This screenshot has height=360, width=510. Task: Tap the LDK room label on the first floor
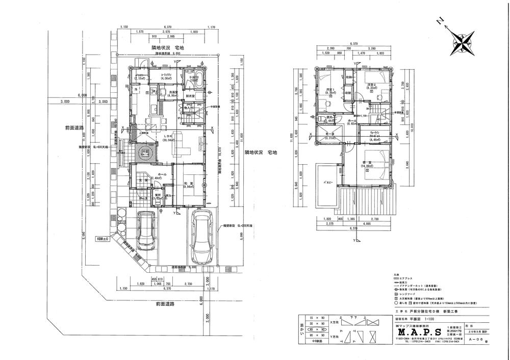pos(169,137)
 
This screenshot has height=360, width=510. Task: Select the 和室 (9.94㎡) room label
pos(188,184)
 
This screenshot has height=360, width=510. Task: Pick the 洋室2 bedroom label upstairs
pos(372,85)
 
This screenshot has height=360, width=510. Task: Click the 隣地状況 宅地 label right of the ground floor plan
pos(260,152)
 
